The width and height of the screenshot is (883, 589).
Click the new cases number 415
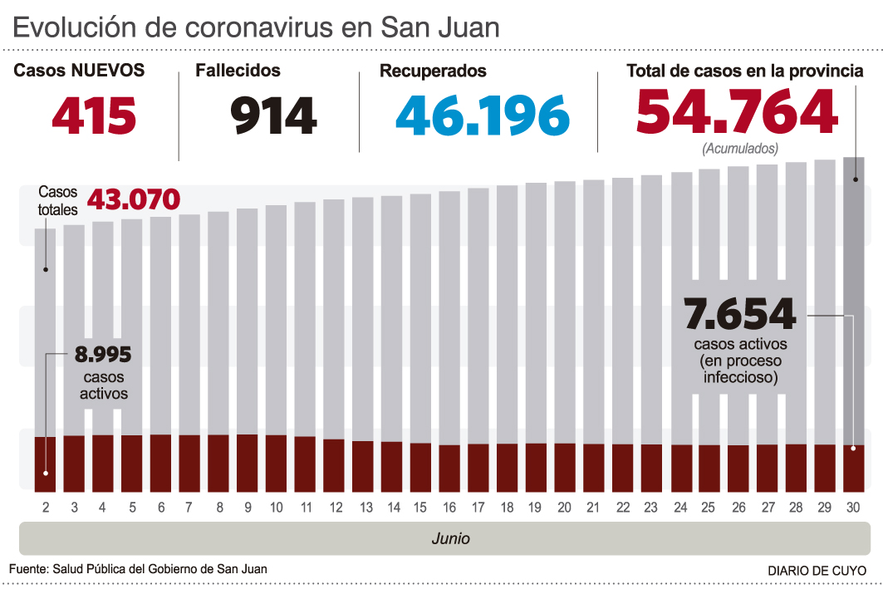(x=94, y=115)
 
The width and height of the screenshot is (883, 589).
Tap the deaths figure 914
(x=274, y=115)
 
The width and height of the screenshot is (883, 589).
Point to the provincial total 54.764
(x=737, y=112)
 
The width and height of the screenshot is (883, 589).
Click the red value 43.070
(x=134, y=199)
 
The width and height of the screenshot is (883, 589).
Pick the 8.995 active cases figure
(x=104, y=356)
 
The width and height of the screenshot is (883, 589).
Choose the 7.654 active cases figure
(x=739, y=314)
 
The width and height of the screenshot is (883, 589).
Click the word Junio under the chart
(x=450, y=538)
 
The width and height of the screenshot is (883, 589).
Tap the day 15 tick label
(x=420, y=507)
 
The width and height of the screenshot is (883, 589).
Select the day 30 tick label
(x=853, y=507)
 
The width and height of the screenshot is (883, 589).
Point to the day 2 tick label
(x=45, y=507)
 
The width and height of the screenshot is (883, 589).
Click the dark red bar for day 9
(x=248, y=462)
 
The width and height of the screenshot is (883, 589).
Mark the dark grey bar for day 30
(x=854, y=299)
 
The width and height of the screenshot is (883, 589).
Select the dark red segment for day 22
(x=623, y=467)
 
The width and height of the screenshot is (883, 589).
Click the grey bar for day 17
(x=478, y=316)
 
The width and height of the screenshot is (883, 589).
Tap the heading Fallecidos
(x=238, y=71)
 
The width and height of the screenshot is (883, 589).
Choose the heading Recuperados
(x=433, y=71)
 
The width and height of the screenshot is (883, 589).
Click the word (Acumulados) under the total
(x=740, y=150)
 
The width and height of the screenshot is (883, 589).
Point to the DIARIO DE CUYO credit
(x=817, y=572)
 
